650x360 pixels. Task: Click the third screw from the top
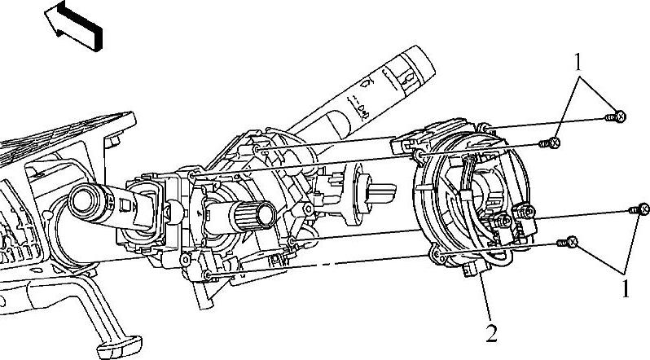tap(639, 209)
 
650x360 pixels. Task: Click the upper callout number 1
tap(579, 61)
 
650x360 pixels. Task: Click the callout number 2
tap(490, 332)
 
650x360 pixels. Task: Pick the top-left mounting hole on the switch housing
tap(193, 175)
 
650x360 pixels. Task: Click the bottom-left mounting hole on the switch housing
tap(209, 274)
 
